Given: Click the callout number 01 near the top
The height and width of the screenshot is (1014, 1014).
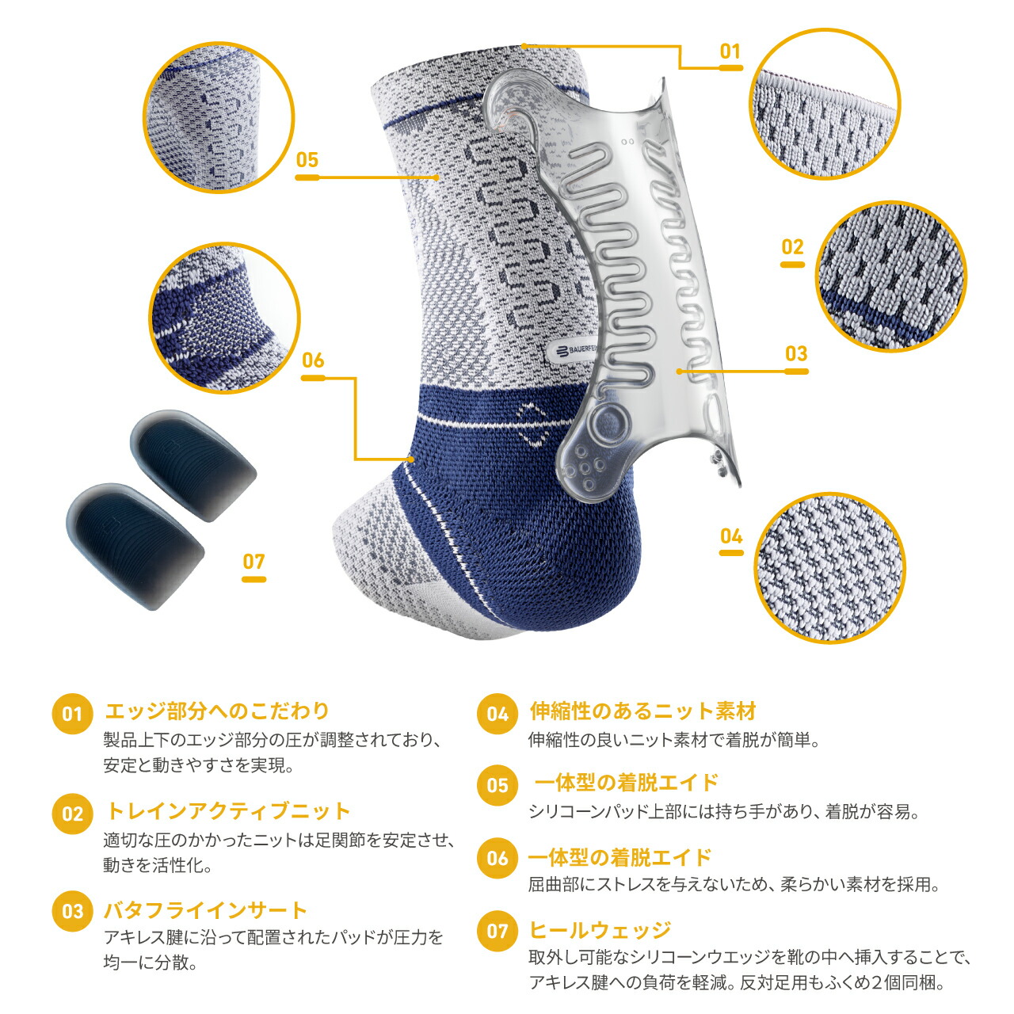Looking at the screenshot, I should tap(730, 52).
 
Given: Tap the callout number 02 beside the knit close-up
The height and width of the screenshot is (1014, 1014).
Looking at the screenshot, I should tap(792, 247).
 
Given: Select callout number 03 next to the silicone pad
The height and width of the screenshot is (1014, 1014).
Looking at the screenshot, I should tap(795, 353).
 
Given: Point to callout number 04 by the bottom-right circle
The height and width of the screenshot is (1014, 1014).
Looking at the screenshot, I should tap(731, 536).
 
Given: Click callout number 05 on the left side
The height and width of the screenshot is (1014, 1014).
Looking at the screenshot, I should tap(307, 160).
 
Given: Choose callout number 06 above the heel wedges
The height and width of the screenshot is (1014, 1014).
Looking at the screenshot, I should tap(313, 360).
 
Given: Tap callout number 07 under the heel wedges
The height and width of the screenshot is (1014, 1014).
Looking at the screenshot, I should tap(253, 562).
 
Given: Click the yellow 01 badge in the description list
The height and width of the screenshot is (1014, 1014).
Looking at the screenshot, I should tap(72, 714).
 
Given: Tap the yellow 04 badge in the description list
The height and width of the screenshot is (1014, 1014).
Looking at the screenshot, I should tap(497, 714).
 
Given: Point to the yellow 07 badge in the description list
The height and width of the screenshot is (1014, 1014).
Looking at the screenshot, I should tap(497, 931).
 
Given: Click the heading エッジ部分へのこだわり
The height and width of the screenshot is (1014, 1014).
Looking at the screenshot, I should tap(216, 711).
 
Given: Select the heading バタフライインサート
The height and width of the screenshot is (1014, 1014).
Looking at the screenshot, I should tap(205, 910).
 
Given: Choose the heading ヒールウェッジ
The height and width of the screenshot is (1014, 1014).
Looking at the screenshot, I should tap(600, 930).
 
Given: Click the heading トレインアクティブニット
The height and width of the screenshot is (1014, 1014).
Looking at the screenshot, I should tap(227, 811).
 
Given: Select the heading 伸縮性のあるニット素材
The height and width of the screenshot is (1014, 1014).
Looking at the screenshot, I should tap(642, 711).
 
